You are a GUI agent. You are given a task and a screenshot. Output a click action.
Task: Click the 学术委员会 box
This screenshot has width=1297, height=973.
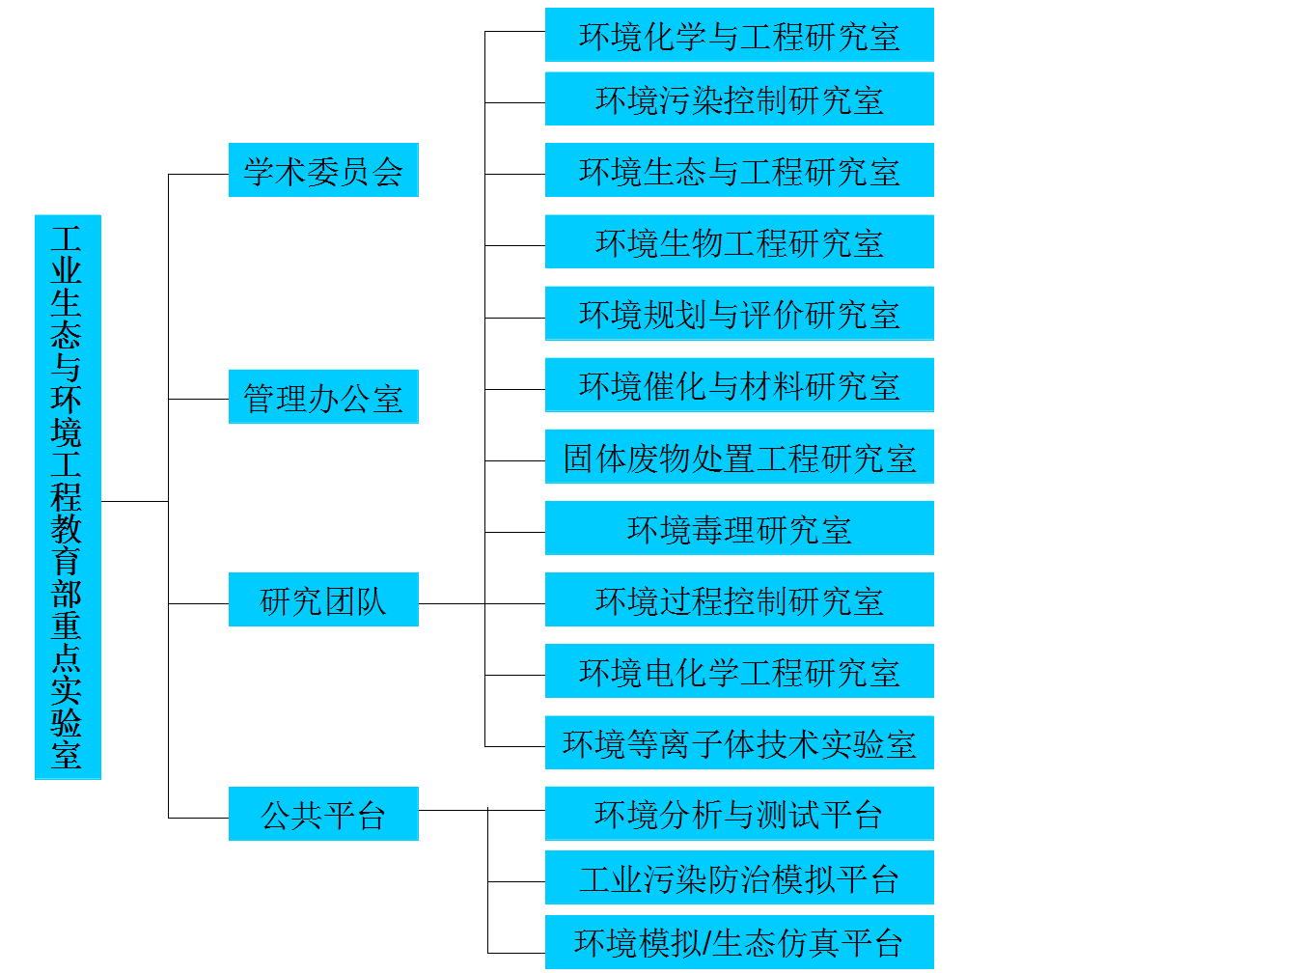point(323,170)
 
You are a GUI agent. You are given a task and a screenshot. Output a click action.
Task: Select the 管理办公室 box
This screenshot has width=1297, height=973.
point(323,397)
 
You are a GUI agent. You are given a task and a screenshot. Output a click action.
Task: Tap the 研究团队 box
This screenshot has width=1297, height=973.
point(323,599)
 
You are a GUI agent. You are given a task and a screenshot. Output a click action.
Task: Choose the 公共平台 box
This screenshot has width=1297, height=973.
point(323,814)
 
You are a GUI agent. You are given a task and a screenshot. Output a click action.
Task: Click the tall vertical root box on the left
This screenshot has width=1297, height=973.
point(68,496)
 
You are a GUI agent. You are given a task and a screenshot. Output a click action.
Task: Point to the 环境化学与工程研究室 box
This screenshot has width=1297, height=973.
point(739,35)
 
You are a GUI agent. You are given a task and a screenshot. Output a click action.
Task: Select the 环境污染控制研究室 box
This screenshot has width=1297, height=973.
point(739,98)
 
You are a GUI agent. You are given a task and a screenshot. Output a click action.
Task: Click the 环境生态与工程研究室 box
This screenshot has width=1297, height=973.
point(739,170)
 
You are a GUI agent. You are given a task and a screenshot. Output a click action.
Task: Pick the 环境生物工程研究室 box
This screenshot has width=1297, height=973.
point(739,241)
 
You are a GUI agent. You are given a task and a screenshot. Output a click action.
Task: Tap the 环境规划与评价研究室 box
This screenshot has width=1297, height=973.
point(739,313)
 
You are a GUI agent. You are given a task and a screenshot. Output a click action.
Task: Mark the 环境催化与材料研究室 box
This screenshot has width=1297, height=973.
point(739,384)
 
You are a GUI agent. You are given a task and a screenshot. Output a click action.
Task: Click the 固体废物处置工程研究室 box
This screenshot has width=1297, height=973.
point(739,457)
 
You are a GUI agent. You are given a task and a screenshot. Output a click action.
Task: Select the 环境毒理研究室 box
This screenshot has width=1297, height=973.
point(739,528)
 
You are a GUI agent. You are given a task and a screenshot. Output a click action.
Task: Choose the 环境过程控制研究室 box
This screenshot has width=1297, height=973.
point(739,599)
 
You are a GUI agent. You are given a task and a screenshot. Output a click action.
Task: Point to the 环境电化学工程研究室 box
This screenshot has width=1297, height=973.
point(739,671)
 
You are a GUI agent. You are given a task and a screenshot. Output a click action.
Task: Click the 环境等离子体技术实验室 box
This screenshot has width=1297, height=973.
point(739,742)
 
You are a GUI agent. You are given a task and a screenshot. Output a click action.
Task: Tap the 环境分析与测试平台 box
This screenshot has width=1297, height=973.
point(739,814)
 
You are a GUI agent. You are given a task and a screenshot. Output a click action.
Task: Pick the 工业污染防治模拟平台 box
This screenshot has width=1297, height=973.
point(739,877)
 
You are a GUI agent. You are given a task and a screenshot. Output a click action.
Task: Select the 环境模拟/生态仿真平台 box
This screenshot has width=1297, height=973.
point(739,942)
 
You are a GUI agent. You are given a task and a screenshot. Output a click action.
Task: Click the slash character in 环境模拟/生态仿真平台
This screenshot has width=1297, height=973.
point(706,943)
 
